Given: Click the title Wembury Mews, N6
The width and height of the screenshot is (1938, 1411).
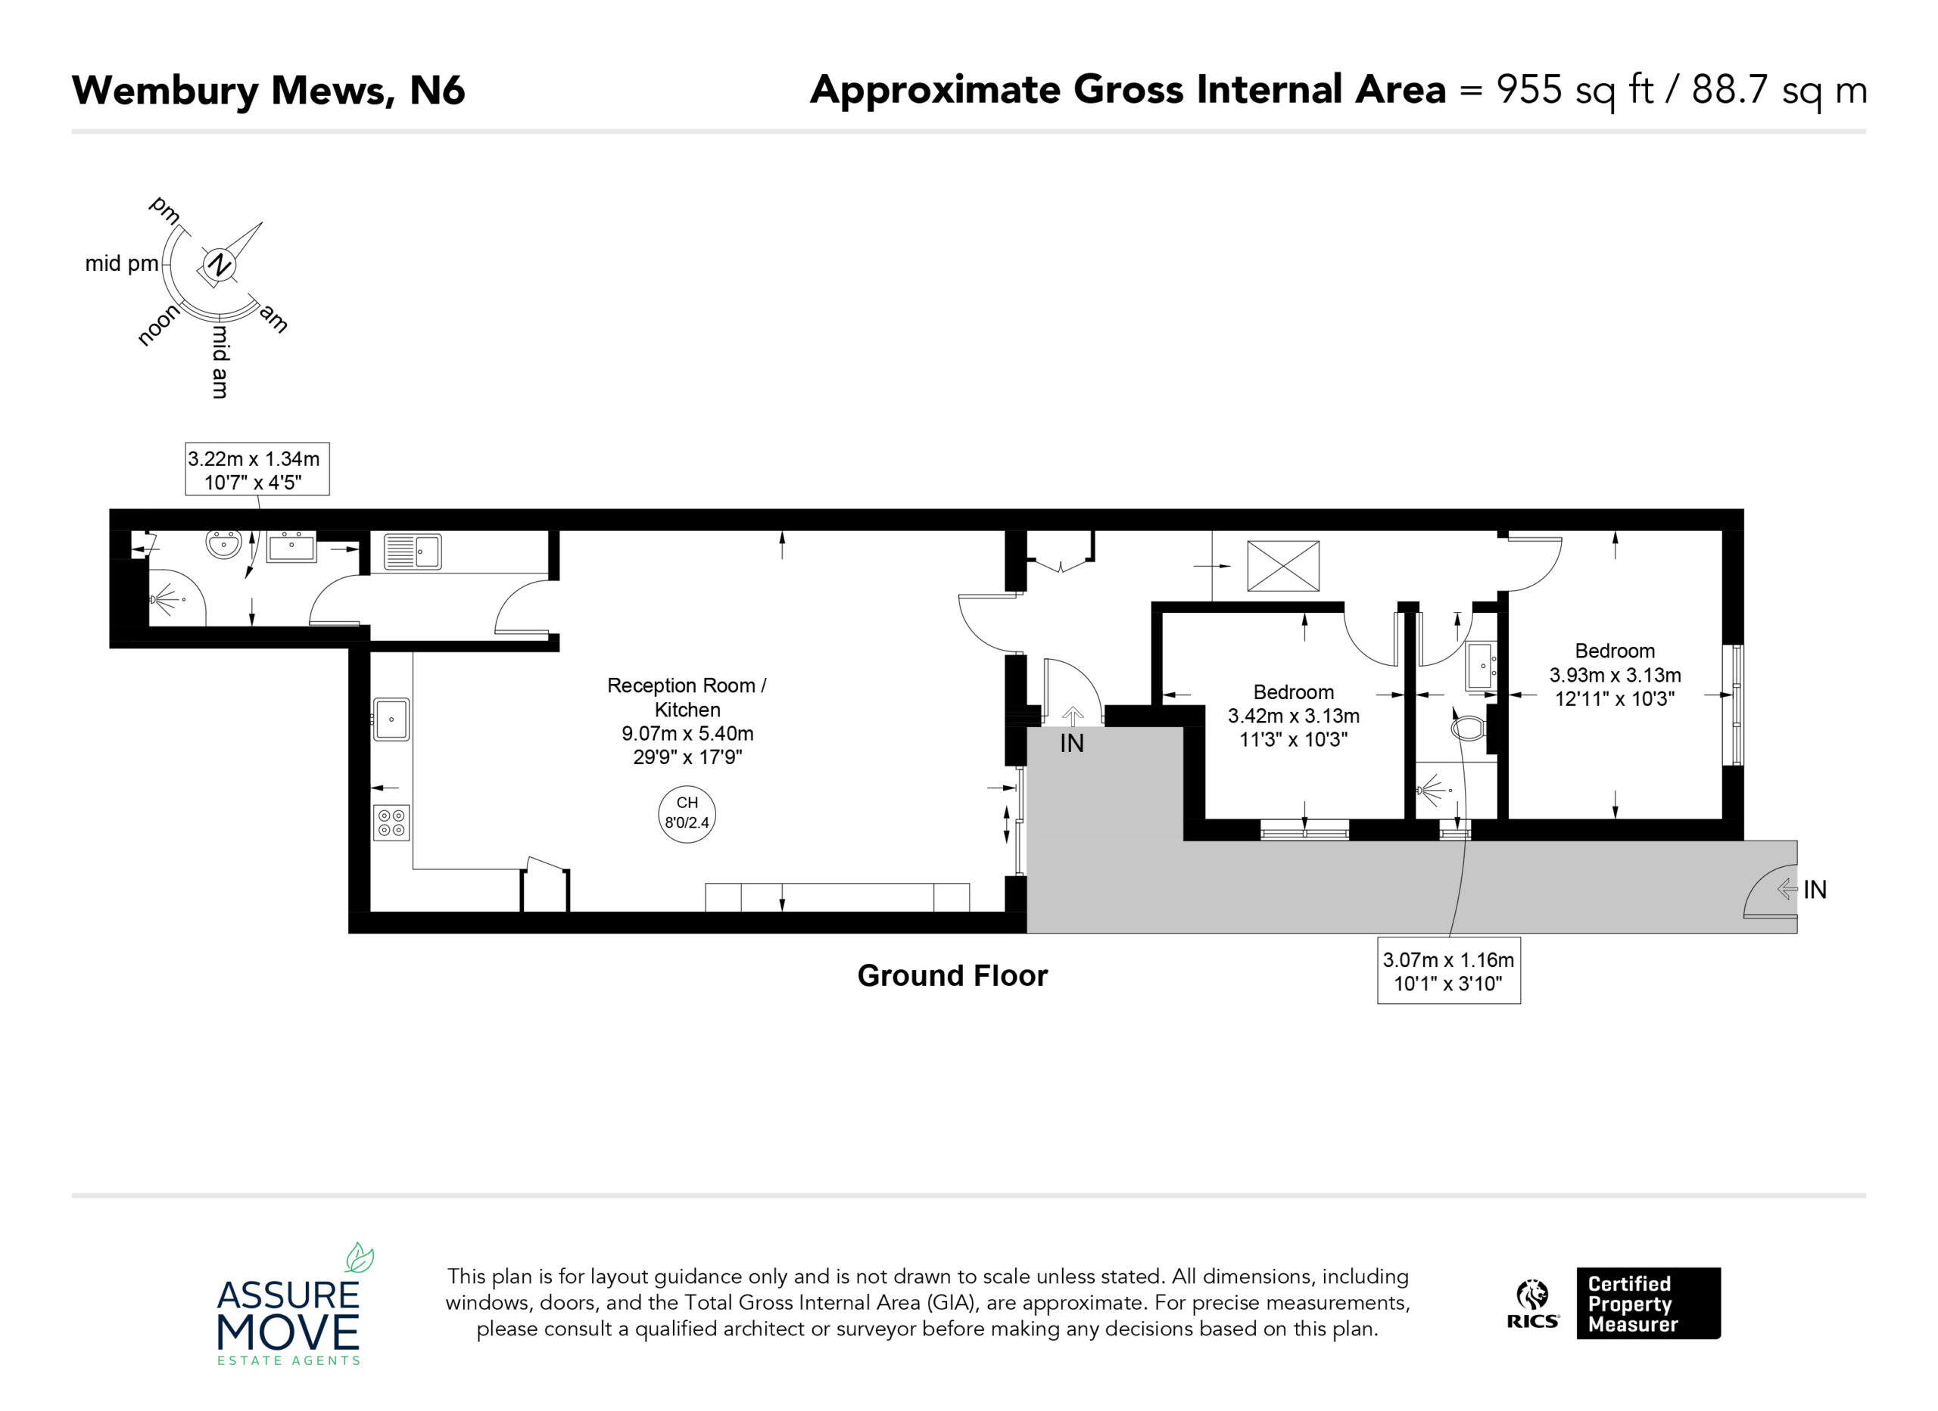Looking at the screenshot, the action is click(x=268, y=91).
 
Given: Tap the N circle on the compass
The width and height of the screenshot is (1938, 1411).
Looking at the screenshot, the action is click(x=219, y=265).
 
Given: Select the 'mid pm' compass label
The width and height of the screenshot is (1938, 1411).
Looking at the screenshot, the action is click(x=121, y=264).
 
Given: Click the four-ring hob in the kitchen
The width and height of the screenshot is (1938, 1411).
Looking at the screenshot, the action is click(x=391, y=822).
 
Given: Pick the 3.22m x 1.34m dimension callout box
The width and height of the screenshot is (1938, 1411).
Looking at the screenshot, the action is click(x=257, y=469).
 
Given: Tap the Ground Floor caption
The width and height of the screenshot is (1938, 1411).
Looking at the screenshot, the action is click(x=952, y=975).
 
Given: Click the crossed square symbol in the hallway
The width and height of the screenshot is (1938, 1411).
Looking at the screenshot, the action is click(x=1282, y=565).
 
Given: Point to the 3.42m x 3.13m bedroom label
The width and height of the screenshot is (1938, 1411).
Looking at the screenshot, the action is click(x=1293, y=716).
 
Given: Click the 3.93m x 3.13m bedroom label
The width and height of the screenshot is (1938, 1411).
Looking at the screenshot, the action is click(x=1615, y=675).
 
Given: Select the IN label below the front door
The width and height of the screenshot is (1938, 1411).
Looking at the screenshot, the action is click(x=1071, y=743).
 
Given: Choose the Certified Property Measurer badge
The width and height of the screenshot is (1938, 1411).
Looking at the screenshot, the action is click(x=1648, y=1304).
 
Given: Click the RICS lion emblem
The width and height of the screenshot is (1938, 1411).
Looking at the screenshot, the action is click(x=1532, y=1294).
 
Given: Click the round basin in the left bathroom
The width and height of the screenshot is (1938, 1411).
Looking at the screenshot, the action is click(x=224, y=544).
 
